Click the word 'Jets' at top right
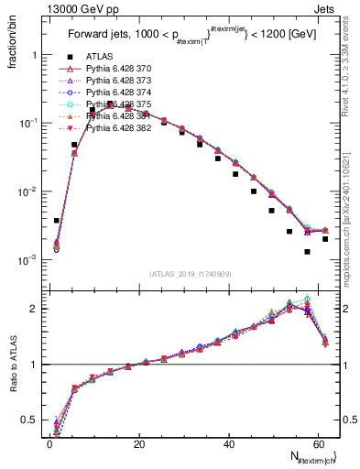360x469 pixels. pyautogui.click(x=325, y=9)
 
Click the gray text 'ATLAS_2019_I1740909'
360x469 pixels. pyautogui.click(x=191, y=274)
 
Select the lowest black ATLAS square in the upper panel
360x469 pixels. pyautogui.click(x=308, y=251)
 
